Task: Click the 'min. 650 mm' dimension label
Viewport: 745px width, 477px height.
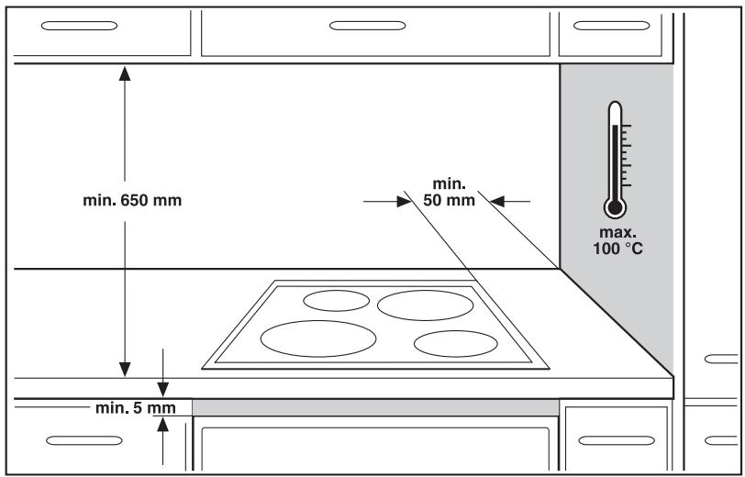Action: click(x=132, y=200)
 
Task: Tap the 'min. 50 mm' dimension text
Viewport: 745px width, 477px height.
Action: click(x=449, y=192)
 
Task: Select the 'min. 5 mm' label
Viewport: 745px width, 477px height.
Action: click(x=136, y=408)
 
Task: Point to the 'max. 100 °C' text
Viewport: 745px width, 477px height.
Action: click(x=617, y=240)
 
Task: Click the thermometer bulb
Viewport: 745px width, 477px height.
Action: click(x=615, y=207)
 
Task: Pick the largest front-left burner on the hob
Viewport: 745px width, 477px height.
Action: click(x=318, y=338)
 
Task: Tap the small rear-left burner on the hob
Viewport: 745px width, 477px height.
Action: click(x=337, y=301)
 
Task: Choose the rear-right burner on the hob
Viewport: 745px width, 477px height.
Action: click(x=425, y=305)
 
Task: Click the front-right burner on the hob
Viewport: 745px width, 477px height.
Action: click(x=456, y=343)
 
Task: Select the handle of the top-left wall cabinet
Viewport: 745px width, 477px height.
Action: click(x=79, y=26)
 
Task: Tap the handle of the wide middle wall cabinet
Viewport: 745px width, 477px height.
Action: click(x=367, y=26)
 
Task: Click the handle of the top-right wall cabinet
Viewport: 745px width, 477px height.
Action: click(x=611, y=26)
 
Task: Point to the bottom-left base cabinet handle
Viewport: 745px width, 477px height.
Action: click(x=84, y=440)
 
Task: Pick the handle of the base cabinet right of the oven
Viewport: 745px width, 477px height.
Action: click(x=617, y=440)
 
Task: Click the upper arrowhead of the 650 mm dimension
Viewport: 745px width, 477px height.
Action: click(x=125, y=73)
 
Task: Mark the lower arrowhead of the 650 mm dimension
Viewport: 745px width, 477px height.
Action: click(x=125, y=369)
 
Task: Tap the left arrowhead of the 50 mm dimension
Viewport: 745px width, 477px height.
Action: click(x=404, y=202)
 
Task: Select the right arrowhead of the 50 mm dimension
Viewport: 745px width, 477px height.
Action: click(x=497, y=202)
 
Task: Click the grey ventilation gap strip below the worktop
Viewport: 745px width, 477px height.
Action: click(x=375, y=407)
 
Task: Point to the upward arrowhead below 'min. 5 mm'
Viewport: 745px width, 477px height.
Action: click(x=163, y=425)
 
